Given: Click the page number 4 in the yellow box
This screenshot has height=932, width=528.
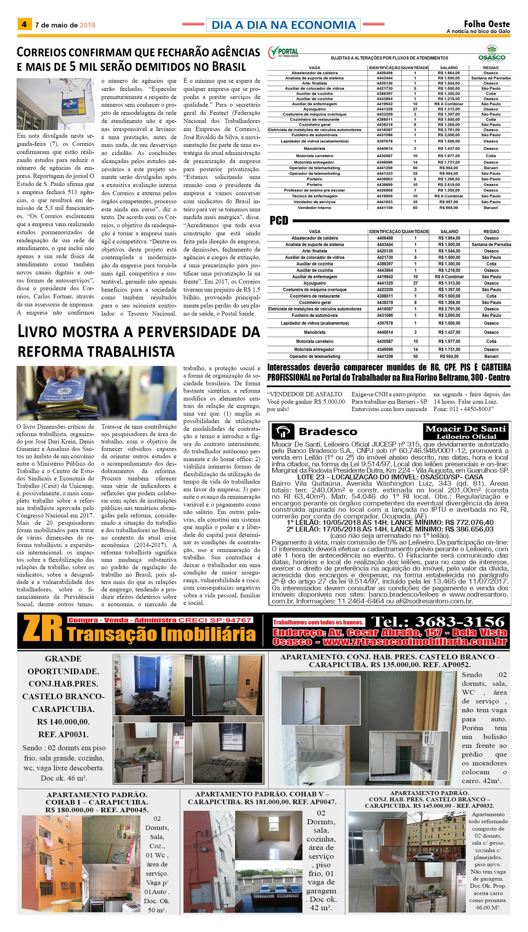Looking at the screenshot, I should (x=24, y=25).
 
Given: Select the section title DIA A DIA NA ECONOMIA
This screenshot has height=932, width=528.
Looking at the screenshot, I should (x=283, y=25).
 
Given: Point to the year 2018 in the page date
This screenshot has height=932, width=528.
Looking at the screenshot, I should (x=87, y=25).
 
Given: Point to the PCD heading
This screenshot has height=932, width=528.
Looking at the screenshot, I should (x=279, y=221).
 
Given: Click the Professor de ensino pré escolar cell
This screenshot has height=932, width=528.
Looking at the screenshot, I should (x=314, y=190).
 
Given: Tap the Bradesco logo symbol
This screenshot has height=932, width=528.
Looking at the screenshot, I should (x=284, y=431).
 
